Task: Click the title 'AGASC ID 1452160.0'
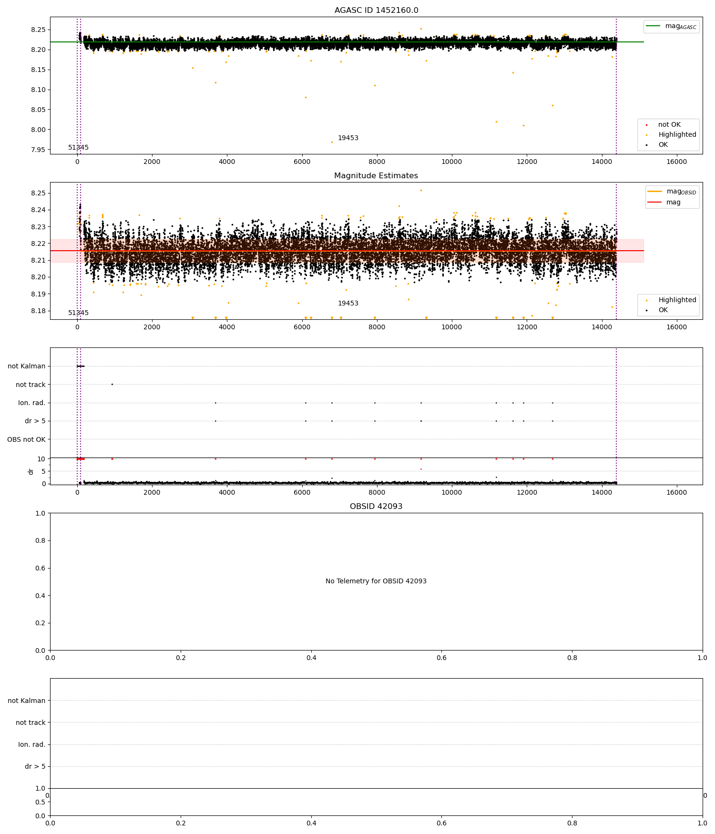pyautogui.click(x=376, y=10)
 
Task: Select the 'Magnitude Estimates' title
pyautogui.click(x=376, y=176)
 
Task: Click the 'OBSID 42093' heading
pyautogui.click(x=376, y=506)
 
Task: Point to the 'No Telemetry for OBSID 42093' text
pyautogui.click(x=376, y=581)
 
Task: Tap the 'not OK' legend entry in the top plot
pyautogui.click(x=669, y=125)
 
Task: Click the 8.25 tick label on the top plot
pyautogui.click(x=39, y=30)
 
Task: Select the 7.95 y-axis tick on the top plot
pyautogui.click(x=39, y=150)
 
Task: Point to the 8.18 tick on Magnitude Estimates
pyautogui.click(x=39, y=311)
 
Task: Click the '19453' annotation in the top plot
pyautogui.click(x=348, y=138)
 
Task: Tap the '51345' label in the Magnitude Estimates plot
pyautogui.click(x=78, y=313)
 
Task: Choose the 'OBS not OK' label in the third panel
pyautogui.click(x=26, y=439)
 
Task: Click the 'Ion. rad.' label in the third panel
pyautogui.click(x=31, y=403)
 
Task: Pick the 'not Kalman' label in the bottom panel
pyautogui.click(x=26, y=701)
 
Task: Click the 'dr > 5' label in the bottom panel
pyautogui.click(x=35, y=766)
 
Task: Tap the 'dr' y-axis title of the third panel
pyautogui.click(x=31, y=471)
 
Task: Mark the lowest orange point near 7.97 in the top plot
pyautogui.click(x=332, y=142)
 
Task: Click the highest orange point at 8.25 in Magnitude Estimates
pyautogui.click(x=421, y=190)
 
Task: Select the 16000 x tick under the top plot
pyautogui.click(x=676, y=162)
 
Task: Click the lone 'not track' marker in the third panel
pyautogui.click(x=112, y=384)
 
